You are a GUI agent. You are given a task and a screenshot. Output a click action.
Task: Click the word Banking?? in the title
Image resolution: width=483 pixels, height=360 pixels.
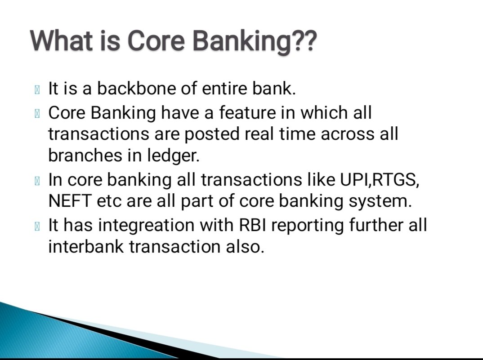(255, 41)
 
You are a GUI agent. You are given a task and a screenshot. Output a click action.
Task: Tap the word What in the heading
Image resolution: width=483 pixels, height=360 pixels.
(61, 40)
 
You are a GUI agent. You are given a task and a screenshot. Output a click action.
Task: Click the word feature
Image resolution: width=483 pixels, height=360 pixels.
(247, 112)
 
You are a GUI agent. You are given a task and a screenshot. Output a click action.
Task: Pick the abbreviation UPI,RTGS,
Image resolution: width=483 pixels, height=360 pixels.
(380, 180)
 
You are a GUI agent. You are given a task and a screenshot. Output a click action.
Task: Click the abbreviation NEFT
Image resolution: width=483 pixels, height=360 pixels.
(70, 201)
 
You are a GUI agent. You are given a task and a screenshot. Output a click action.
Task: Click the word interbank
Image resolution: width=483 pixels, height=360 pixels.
(85, 247)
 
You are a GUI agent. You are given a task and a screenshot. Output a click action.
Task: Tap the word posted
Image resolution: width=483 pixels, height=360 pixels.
(212, 134)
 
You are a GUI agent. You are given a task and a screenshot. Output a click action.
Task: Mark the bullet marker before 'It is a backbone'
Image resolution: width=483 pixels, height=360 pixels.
(37, 90)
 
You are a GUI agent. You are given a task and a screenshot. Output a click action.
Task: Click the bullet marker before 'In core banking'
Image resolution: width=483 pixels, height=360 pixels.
(37, 181)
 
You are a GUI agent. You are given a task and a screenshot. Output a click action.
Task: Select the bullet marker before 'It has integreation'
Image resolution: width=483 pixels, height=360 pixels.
(37, 227)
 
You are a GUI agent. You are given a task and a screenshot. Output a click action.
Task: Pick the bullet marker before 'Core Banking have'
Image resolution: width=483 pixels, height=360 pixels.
(37, 114)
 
